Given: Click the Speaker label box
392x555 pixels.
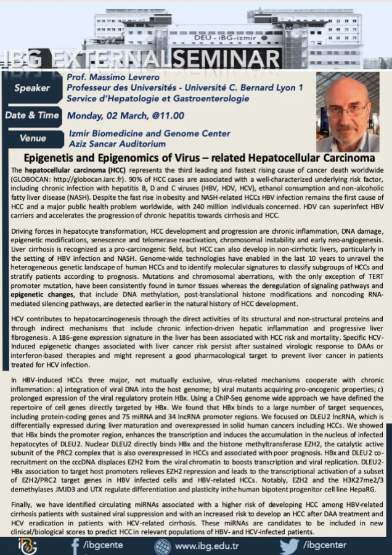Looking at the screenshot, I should click(x=32, y=88).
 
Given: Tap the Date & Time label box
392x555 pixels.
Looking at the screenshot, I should click(x=32, y=115).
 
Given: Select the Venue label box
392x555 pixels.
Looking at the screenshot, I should click(x=32, y=138).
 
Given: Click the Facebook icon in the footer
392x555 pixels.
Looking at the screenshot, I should click(x=75, y=546).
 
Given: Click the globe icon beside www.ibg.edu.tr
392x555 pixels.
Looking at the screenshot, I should click(x=163, y=546).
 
